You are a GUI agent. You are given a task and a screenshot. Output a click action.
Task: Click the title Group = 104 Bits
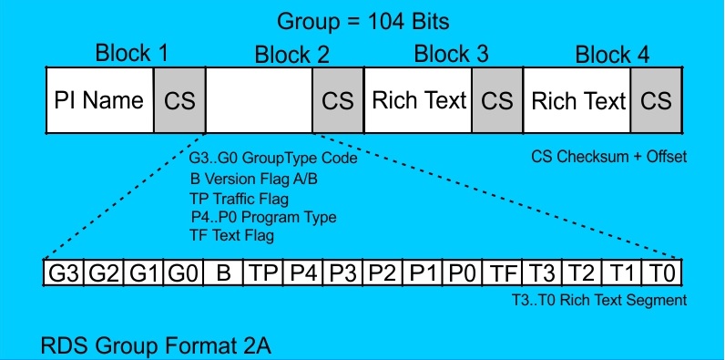pyautogui.click(x=362, y=20)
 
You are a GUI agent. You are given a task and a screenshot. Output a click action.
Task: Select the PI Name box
pyautogui.click(x=99, y=100)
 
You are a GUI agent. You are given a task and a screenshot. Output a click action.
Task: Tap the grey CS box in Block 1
pyautogui.click(x=179, y=100)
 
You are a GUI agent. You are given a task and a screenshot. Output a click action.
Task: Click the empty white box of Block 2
pyautogui.click(x=258, y=100)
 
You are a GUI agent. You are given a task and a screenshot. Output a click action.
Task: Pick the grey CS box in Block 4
pyautogui.click(x=656, y=100)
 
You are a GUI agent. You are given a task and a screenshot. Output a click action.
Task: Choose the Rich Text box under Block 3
pyautogui.click(x=418, y=100)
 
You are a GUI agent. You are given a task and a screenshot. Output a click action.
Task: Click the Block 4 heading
pyautogui.click(x=612, y=55)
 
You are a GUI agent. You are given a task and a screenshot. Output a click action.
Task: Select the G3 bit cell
pyautogui.click(x=63, y=273)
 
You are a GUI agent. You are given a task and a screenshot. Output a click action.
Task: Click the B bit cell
pyautogui.click(x=222, y=273)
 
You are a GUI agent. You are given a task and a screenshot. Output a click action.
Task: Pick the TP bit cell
pyautogui.click(x=262, y=273)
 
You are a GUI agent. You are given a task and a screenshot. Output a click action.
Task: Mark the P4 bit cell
pyautogui.click(x=301, y=273)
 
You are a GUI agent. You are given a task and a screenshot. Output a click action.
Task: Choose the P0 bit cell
pyautogui.click(x=462, y=273)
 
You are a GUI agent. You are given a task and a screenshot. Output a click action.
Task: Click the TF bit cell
pyautogui.click(x=503, y=273)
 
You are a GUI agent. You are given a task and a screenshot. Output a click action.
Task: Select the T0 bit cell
pyautogui.click(x=662, y=273)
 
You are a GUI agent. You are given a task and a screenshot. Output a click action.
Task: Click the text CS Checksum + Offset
pyautogui.click(x=608, y=157)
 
